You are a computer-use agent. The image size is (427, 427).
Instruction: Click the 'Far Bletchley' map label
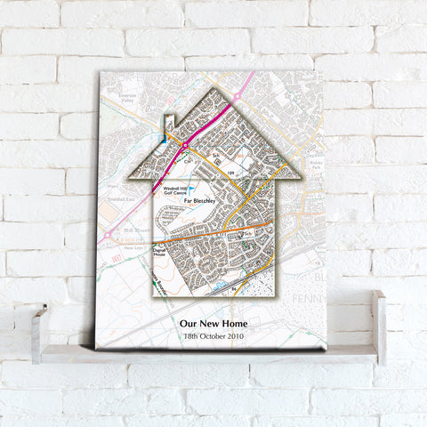click(x=200, y=202)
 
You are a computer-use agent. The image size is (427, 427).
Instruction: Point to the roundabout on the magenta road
click(x=185, y=144)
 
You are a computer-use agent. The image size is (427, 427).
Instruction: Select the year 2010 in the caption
click(x=233, y=337)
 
